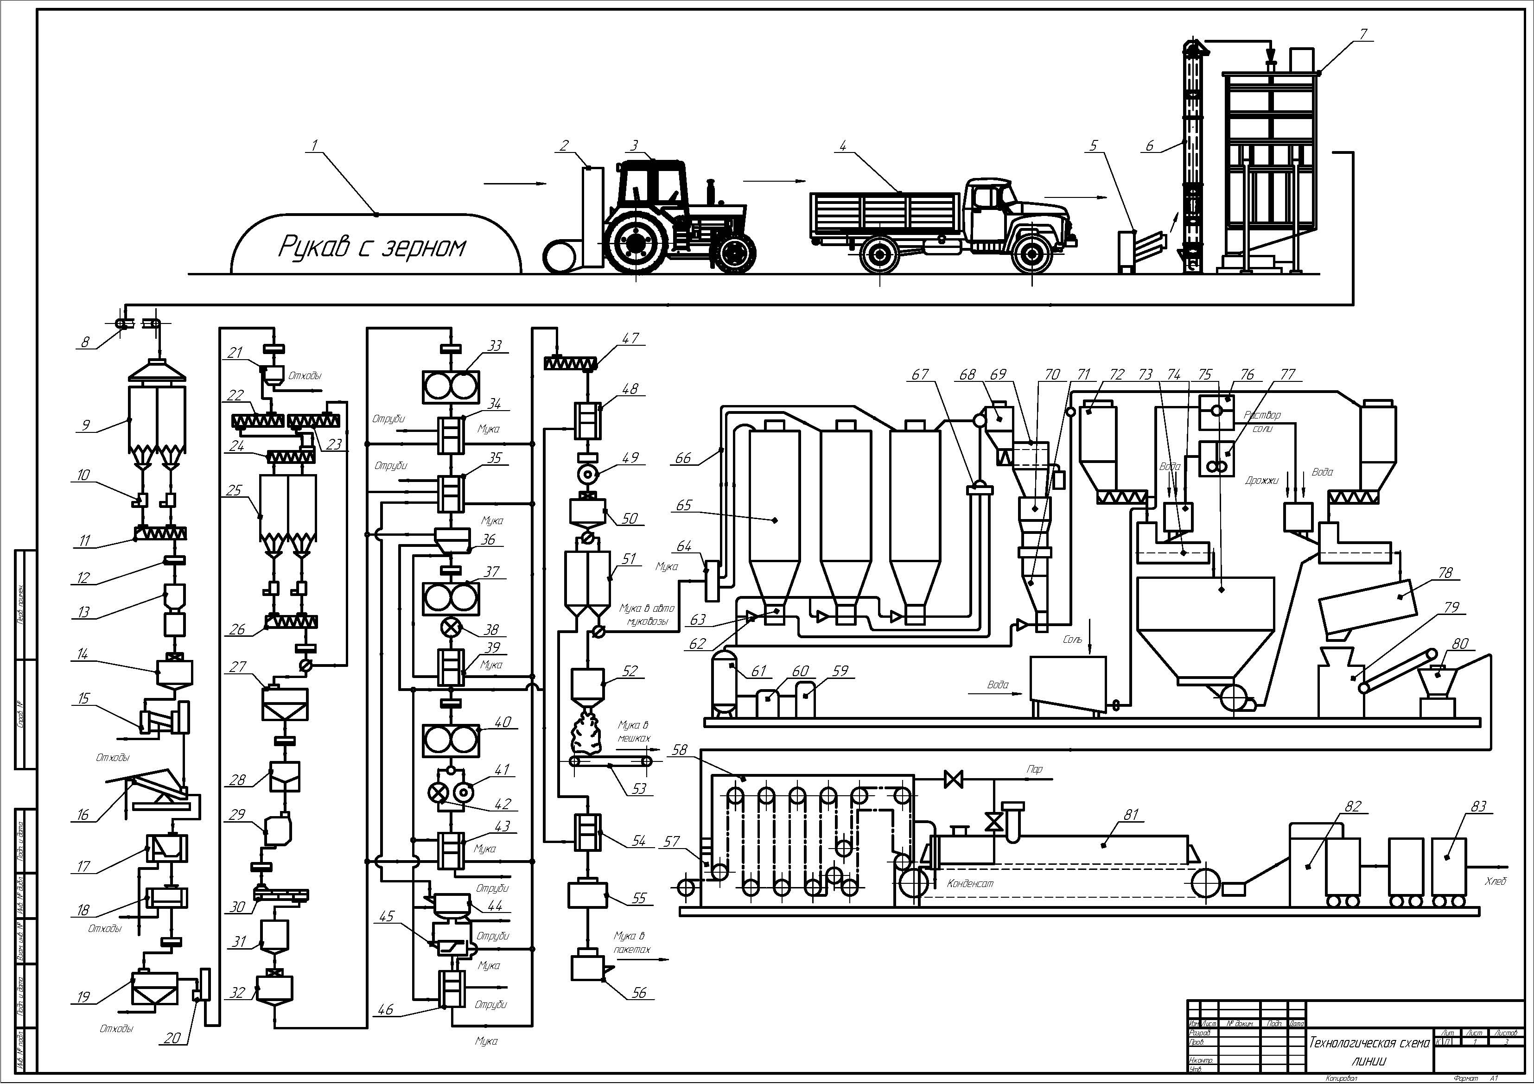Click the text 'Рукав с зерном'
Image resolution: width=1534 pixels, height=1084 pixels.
pos(371,247)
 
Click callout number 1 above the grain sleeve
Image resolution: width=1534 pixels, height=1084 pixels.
pos(315,143)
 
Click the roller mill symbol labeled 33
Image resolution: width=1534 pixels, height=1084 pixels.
pos(450,387)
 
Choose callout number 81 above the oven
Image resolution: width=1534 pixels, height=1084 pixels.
pos(1131,815)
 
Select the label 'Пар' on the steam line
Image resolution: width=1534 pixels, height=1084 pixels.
pos(1034,769)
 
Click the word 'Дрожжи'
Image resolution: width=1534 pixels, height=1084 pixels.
pos(1261,480)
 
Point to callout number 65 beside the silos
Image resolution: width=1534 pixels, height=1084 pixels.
pos(683,505)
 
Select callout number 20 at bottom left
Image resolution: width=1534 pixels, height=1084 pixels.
pos(172,1037)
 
